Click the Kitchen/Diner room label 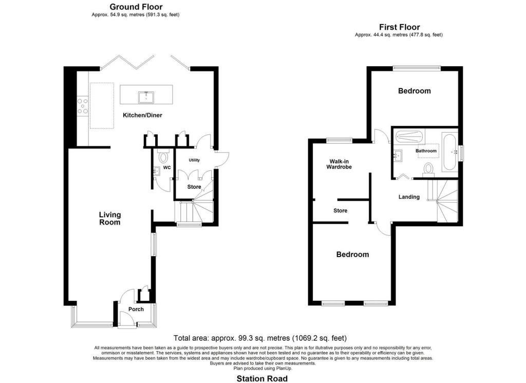[142, 115]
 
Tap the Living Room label [109, 218]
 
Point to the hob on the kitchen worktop [82, 105]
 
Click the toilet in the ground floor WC [164, 156]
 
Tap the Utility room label [194, 160]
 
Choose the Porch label [136, 309]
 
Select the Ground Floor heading [136, 7]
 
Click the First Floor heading [399, 27]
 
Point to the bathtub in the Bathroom [449, 152]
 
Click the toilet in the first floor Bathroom [428, 169]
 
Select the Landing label [409, 197]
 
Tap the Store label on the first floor [340, 211]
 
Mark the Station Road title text [262, 378]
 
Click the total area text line [260, 338]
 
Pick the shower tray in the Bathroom [409, 137]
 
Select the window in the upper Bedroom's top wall [417, 68]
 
